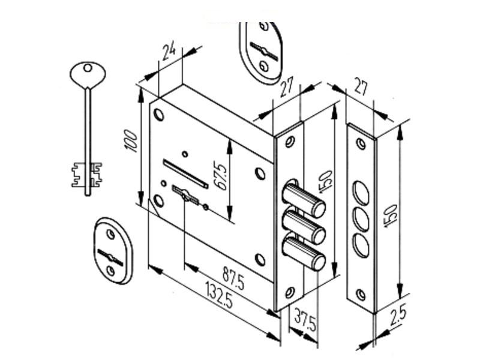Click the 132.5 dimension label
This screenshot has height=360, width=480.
[219, 295]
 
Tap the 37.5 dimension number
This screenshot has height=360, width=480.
[305, 320]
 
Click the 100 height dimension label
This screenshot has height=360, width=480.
[131, 142]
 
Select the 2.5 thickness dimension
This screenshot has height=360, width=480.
[398, 315]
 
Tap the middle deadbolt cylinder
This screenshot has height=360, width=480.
[304, 227]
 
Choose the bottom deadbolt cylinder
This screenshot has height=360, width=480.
[304, 253]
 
